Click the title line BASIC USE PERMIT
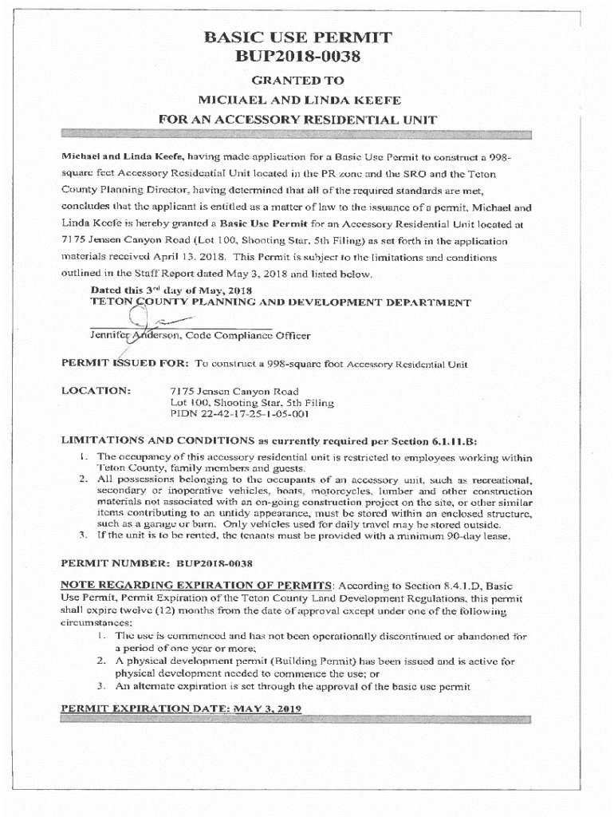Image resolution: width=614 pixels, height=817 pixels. (x=297, y=37)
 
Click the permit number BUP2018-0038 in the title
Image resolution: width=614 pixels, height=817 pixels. (x=297, y=57)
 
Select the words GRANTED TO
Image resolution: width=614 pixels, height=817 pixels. (x=297, y=80)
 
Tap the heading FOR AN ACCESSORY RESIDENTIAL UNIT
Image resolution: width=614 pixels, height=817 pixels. (x=297, y=120)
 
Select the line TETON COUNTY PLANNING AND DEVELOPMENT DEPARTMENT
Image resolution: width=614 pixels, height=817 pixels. (x=281, y=303)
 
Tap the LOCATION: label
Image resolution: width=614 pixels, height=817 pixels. (x=96, y=392)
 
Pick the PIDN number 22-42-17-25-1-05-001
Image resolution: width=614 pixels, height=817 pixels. (x=239, y=415)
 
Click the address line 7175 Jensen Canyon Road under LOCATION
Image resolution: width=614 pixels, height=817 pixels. (x=235, y=392)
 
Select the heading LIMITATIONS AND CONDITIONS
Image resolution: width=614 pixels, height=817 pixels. (x=156, y=440)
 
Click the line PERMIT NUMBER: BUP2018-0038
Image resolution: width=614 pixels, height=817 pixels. (x=157, y=563)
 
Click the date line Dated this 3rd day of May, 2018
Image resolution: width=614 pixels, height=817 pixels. (x=171, y=291)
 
